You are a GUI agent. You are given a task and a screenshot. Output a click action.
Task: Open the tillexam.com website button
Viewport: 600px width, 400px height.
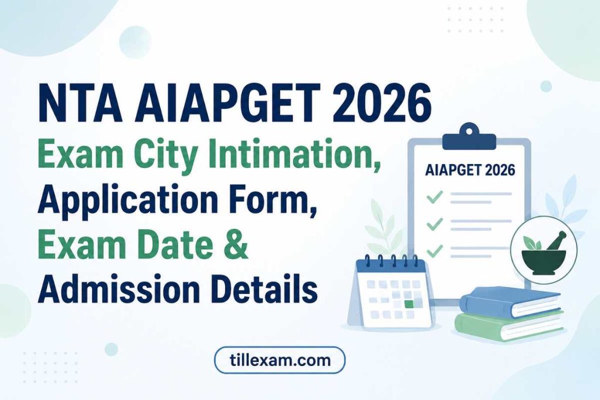[279, 360]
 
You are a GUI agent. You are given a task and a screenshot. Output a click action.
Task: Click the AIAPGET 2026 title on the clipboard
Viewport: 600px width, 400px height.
[471, 170]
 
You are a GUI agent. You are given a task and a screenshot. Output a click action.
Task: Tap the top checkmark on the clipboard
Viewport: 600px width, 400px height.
[434, 197]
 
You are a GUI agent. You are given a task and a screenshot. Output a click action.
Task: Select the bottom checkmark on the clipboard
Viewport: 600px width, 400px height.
[434, 251]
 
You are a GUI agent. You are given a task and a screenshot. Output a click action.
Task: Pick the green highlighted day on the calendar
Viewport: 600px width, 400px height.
[409, 305]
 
